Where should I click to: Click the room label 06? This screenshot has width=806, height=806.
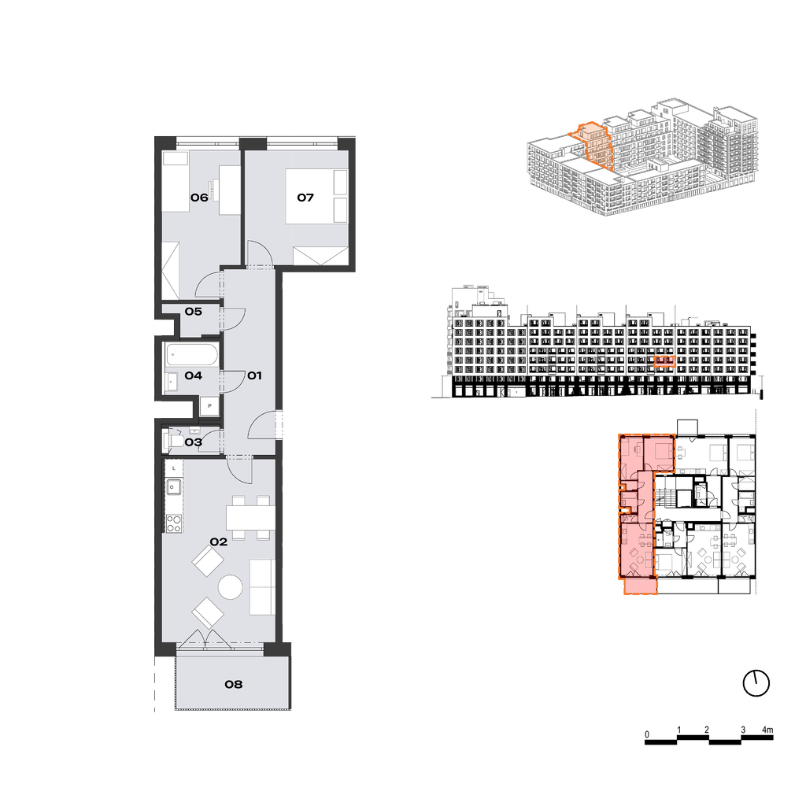199,198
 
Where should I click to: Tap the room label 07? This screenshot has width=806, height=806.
305,198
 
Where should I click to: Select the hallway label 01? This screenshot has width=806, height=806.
254,375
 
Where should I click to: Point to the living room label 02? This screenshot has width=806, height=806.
219,542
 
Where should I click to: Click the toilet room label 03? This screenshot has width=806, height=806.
194,442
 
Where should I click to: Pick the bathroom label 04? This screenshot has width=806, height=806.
194,375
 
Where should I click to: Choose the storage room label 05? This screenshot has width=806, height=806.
194,312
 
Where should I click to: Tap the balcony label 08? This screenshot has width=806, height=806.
233,684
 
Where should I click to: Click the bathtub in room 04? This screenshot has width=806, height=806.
192,355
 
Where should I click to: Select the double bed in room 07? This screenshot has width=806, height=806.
316,196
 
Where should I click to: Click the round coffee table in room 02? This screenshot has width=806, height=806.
230,586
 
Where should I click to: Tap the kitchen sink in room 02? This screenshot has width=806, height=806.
173,486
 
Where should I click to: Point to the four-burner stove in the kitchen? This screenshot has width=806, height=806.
174,523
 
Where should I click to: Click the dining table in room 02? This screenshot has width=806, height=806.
251,518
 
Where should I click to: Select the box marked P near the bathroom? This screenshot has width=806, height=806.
209,406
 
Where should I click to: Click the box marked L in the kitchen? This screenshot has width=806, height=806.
174,468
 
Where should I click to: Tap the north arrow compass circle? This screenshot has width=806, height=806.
756,684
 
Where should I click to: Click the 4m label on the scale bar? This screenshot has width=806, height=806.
767,730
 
